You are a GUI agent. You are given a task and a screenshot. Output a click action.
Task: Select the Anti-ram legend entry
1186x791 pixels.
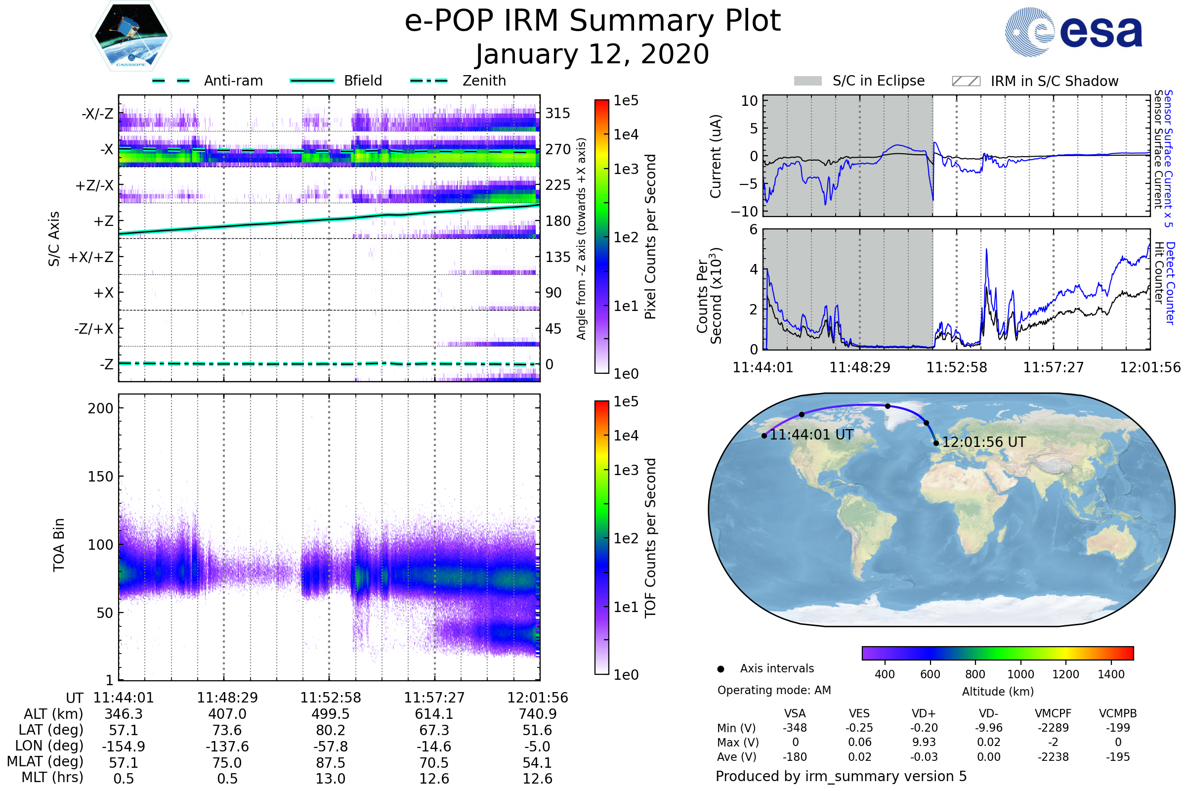point(233,81)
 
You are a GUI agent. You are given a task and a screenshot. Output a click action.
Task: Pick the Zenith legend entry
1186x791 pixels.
point(484,81)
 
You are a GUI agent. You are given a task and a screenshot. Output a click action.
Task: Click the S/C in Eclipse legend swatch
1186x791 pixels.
point(807,81)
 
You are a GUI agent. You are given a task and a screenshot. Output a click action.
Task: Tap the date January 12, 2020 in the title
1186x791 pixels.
point(592,54)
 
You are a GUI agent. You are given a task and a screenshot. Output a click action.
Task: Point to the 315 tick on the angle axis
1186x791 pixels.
point(557,113)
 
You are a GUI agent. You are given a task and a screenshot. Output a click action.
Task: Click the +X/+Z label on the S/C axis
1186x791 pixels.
point(91,257)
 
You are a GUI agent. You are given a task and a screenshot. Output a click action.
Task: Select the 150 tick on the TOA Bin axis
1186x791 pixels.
point(100,476)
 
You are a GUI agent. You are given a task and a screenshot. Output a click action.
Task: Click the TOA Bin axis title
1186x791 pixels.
point(58,544)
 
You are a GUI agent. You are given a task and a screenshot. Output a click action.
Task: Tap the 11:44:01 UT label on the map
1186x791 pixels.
point(811,435)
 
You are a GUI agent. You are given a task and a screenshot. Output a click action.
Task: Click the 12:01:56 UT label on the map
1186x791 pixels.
point(983,442)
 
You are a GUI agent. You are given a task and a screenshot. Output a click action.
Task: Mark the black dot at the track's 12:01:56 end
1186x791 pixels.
point(936,443)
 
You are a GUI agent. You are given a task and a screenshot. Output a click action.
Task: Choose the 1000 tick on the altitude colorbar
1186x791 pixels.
point(1020,674)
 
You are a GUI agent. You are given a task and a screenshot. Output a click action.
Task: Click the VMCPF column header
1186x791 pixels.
point(1053,713)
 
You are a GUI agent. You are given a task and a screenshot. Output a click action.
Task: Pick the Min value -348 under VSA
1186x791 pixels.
point(795,727)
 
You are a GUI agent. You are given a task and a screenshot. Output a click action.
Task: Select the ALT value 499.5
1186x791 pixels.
point(330,714)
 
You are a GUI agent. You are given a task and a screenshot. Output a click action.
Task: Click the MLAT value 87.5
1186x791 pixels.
point(330,762)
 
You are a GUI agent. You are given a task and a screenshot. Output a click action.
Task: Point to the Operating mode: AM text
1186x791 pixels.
point(774,690)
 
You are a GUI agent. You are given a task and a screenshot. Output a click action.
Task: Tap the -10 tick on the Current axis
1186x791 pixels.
point(744,211)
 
